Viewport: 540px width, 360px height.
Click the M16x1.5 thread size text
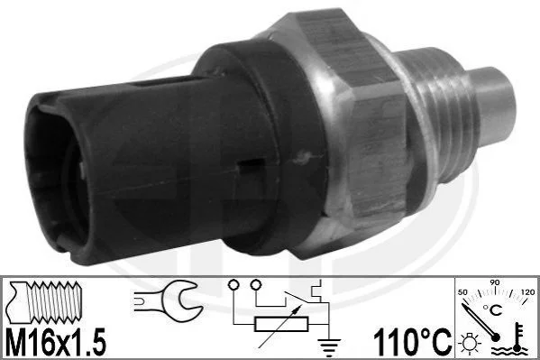pyautogui.click(x=56, y=342)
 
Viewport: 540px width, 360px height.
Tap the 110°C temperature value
pyautogui.click(x=412, y=341)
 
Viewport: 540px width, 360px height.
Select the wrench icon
pyautogui.click(x=168, y=300)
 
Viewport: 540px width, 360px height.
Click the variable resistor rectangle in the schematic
pyautogui.click(x=280, y=324)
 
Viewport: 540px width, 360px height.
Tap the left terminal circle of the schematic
pyautogui.click(x=233, y=285)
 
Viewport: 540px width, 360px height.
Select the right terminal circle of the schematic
pyautogui.click(x=256, y=285)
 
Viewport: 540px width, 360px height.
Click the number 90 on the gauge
pyautogui.click(x=495, y=282)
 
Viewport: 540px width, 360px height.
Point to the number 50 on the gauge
pyautogui.click(x=462, y=292)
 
